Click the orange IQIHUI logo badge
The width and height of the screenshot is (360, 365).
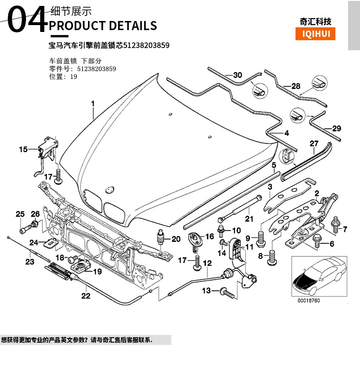point(315,34)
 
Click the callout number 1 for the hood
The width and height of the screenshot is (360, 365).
point(93,104)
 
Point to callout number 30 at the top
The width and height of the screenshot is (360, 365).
point(237,75)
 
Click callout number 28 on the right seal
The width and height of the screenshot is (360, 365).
point(296,86)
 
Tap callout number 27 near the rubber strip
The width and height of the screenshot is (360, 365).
point(314,144)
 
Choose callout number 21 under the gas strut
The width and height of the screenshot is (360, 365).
point(249,219)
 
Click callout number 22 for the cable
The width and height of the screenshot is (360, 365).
point(86,296)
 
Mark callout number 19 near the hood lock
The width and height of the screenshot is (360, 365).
point(97,272)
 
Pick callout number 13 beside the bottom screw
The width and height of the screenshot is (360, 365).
point(206,291)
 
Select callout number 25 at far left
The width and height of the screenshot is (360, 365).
point(20,214)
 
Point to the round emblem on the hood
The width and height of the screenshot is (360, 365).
point(109,188)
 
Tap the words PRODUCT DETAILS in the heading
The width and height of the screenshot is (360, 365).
point(103,25)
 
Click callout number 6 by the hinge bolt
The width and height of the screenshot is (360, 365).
point(329,244)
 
